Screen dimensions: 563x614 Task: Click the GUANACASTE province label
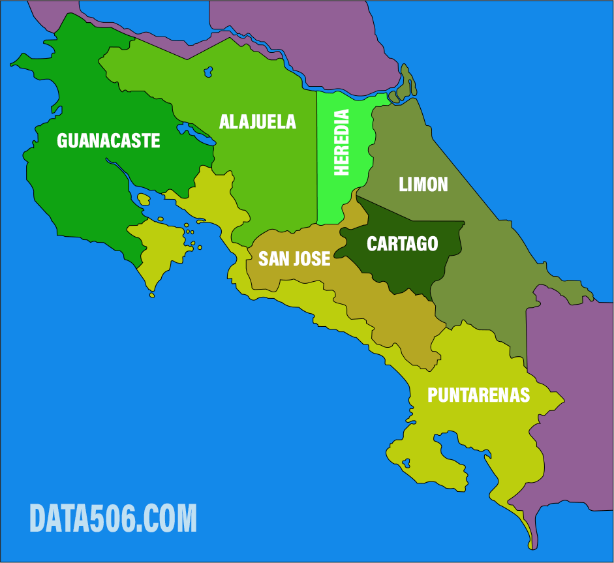(x=108, y=141)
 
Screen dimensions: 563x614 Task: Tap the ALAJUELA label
(x=257, y=122)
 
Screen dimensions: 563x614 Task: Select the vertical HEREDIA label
(x=341, y=142)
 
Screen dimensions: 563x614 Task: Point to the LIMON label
(x=423, y=185)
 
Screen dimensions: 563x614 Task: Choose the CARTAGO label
(x=402, y=244)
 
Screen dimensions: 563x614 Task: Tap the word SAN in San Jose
(x=273, y=259)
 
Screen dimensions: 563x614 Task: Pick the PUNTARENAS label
(x=478, y=395)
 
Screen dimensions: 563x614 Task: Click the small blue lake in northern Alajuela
(x=209, y=70)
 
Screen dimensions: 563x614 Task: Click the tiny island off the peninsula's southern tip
(x=152, y=296)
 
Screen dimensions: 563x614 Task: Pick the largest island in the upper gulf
(x=144, y=198)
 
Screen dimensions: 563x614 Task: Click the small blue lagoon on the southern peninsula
(x=407, y=463)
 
